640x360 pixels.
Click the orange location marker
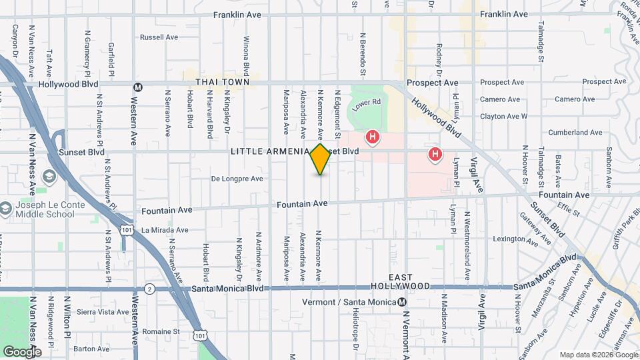(320, 159)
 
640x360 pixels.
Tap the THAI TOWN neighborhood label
(222, 81)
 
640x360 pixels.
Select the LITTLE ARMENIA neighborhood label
(269, 151)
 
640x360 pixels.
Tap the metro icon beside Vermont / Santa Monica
(402, 302)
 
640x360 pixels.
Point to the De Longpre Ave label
(237, 179)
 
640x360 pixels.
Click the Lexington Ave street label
(514, 239)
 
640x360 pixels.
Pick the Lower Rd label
(366, 104)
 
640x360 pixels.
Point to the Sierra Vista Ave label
(103, 311)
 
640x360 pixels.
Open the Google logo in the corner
(22, 351)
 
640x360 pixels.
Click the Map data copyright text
(599, 355)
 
